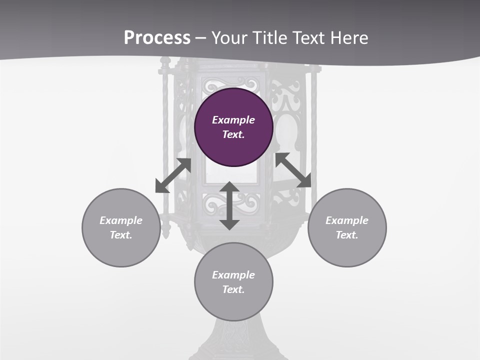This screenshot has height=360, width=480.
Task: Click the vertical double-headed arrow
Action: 229,205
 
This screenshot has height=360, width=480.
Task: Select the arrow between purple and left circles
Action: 173,175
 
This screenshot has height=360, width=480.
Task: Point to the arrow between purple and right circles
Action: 293,170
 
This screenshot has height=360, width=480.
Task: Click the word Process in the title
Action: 157,37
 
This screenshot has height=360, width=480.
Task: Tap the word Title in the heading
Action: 270,37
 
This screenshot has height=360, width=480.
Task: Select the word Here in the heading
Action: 348,37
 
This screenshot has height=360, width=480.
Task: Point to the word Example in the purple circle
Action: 233,120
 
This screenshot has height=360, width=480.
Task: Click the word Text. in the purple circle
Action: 233,134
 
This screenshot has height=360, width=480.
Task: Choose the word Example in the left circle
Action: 121,220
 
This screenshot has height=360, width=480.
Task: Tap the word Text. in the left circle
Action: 121,235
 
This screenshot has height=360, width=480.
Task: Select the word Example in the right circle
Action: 347,220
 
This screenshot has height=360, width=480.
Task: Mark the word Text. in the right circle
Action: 347,235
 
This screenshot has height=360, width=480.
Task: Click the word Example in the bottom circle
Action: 233,275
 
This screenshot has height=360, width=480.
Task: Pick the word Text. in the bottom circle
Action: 233,289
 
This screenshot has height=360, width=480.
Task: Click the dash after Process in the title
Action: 201,38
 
